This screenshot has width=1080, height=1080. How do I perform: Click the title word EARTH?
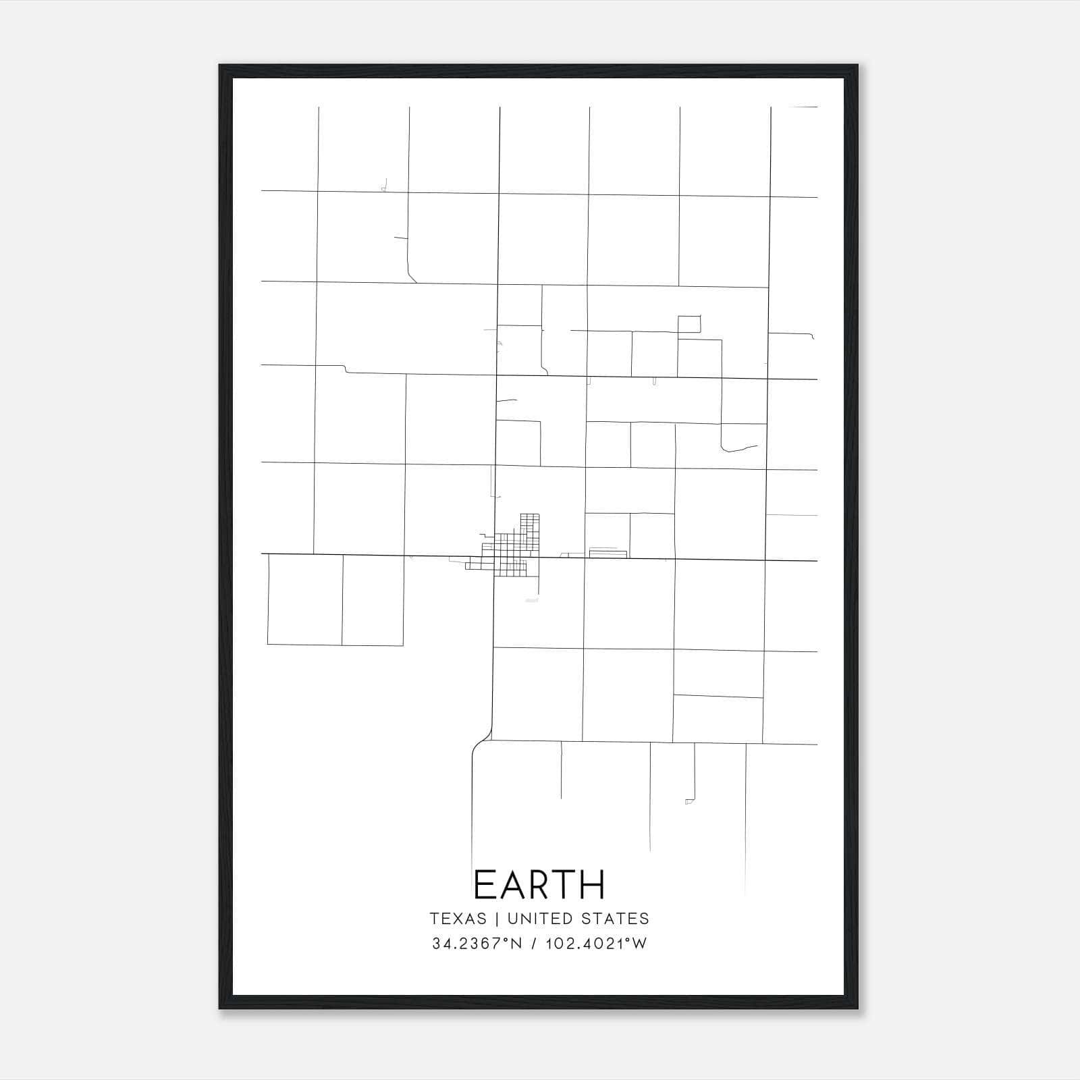[x=539, y=885]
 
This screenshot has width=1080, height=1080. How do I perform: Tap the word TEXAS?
[x=458, y=919]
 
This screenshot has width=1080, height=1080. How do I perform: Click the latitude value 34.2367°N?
[x=477, y=944]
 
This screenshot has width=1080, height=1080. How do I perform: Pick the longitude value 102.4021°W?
[x=596, y=944]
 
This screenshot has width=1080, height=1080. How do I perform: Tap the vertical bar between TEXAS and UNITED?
[x=497, y=919]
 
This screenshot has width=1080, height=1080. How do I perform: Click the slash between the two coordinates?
[x=534, y=944]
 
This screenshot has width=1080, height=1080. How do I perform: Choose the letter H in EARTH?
[x=593, y=885]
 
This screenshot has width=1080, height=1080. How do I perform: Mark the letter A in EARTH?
[x=511, y=885]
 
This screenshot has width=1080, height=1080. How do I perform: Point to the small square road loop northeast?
[x=689, y=324]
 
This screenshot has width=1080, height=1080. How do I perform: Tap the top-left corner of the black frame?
[x=220, y=66]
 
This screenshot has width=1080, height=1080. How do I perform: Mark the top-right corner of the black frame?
[x=857, y=66]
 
